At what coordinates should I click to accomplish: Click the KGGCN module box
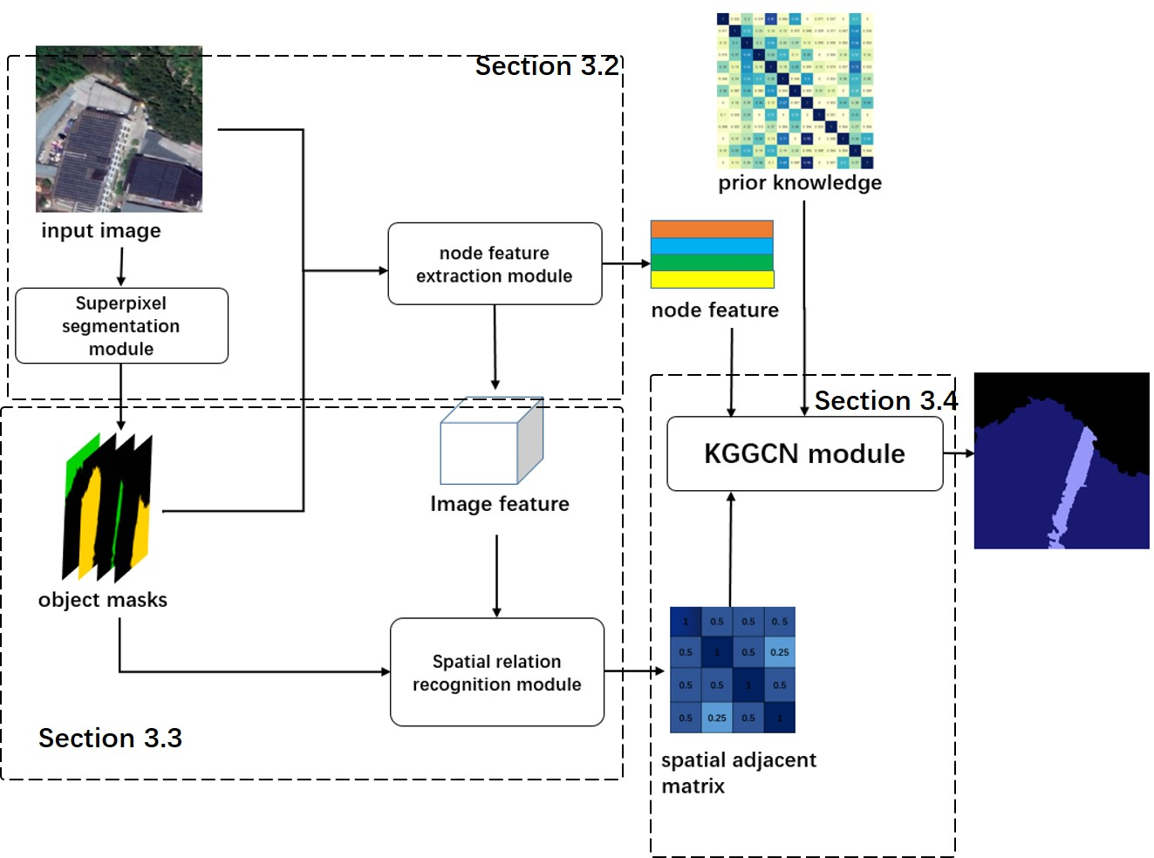pos(804,453)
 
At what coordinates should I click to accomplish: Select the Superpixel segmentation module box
pos(121,326)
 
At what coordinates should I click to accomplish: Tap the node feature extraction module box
pos(495,264)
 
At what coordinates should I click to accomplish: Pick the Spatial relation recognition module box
pos(496,672)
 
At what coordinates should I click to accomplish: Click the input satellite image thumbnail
pos(119,129)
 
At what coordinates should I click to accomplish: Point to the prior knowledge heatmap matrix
pos(795,91)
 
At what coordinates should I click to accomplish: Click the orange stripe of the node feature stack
pos(712,229)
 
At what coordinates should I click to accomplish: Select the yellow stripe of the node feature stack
pos(712,280)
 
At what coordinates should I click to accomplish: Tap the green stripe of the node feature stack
pos(712,262)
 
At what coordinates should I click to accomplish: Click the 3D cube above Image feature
pos(491,441)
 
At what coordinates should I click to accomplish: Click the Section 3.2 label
pos(547,66)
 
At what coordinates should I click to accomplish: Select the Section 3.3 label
pos(110,739)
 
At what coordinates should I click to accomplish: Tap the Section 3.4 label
pos(885,400)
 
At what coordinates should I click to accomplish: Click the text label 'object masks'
pos(103,600)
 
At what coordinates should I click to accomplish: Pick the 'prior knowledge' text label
pos(800,183)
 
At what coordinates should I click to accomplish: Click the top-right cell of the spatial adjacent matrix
pos(779,622)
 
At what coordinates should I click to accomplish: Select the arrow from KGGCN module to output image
pos(959,453)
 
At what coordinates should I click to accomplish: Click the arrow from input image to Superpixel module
pos(121,266)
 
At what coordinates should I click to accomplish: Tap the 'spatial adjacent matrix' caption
pos(738,773)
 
